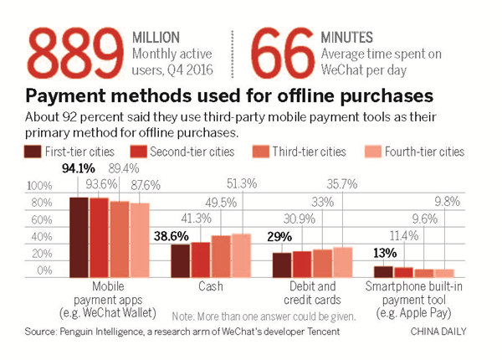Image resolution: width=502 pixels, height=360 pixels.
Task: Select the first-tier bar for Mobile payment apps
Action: [79, 237]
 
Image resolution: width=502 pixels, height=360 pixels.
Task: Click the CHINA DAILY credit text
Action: [441, 332]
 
